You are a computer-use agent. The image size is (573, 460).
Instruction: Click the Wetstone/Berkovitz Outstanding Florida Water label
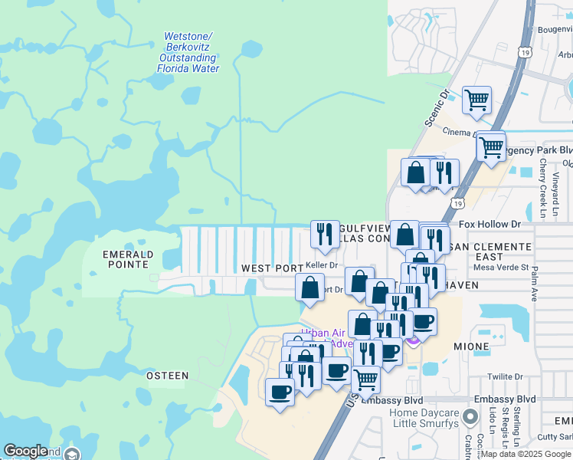pos(188,52)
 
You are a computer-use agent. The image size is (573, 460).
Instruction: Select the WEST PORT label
pos(272,268)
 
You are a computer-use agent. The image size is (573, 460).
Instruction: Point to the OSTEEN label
pos(167,376)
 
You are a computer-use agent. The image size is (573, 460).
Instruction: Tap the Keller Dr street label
pos(322,264)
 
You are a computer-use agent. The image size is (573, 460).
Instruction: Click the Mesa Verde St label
pos(501,268)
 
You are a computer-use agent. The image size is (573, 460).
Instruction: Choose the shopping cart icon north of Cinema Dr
pos(476,100)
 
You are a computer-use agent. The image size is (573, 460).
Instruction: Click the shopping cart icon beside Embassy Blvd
pos(366,377)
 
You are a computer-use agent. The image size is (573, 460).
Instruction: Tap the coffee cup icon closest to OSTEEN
pos(280,392)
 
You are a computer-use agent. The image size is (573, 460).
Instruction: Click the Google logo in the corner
pos(26,452)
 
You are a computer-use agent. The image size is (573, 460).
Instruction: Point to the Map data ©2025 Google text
pos(526,454)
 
